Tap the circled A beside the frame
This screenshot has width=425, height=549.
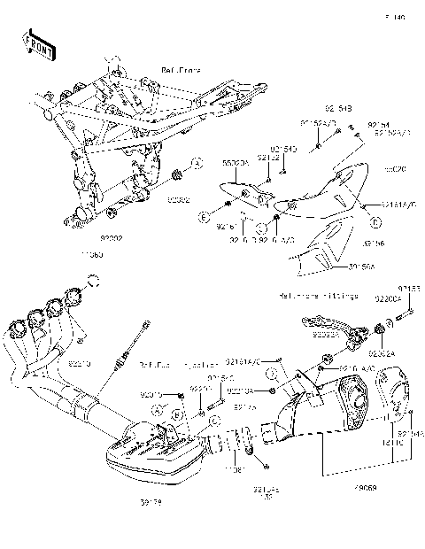click(x=197, y=163)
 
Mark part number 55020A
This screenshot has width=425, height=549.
click(x=234, y=165)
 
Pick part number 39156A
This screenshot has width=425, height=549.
click(x=339, y=265)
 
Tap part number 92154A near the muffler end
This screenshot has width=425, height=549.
click(x=410, y=433)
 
